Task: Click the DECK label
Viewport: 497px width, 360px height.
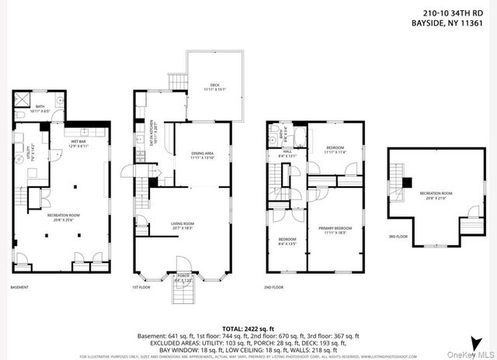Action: (215, 86)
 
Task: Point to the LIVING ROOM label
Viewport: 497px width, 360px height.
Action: (182, 226)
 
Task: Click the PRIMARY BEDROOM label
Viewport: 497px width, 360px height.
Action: (335, 229)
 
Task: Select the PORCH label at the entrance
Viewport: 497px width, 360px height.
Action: (183, 275)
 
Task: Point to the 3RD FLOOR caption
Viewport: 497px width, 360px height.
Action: (397, 237)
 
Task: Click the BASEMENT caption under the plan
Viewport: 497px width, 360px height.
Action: (19, 288)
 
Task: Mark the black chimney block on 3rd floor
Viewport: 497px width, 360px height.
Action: (405, 182)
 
